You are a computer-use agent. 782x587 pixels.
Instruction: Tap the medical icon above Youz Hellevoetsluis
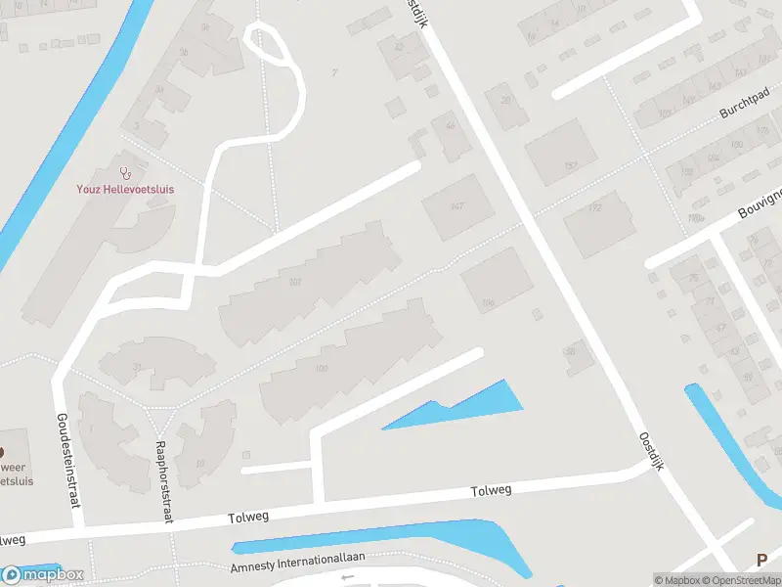[x=126, y=172]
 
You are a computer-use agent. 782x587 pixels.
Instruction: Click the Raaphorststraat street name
[x=162, y=481]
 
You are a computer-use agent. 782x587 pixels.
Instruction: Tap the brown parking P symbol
[x=761, y=561]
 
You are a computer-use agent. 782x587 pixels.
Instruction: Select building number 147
[x=456, y=205]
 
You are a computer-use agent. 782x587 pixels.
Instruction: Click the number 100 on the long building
[x=322, y=369]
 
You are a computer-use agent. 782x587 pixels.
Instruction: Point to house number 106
[x=488, y=303]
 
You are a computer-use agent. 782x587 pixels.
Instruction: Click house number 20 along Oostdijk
[x=505, y=100]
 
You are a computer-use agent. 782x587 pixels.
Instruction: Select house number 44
[x=451, y=126]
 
